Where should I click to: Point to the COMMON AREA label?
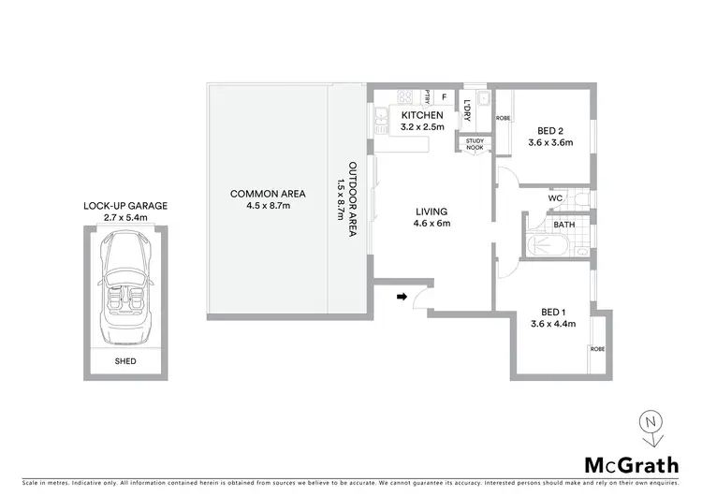[x=256, y=194]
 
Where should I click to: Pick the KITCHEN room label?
[x=422, y=115]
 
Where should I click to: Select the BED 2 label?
[x=551, y=130]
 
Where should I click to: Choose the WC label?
[x=554, y=198]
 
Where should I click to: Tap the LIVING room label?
[x=432, y=212]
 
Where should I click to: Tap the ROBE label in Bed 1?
[x=596, y=348]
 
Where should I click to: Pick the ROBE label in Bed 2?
[x=503, y=118]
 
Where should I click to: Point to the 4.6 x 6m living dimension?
[x=432, y=224]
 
